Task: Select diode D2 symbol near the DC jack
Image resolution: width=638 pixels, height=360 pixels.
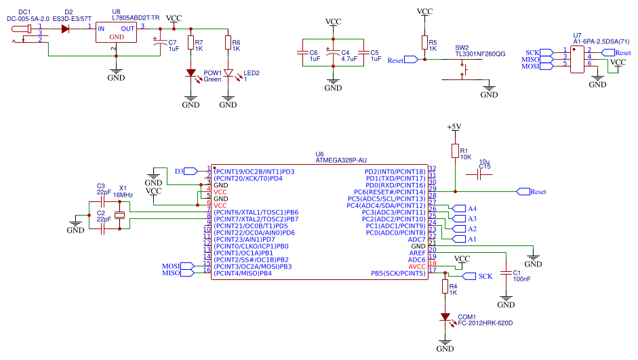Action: [66, 28]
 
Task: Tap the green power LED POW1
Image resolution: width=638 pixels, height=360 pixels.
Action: [191, 73]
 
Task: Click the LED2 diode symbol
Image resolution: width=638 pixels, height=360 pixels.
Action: [228, 73]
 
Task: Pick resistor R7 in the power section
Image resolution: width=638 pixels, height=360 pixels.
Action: [191, 44]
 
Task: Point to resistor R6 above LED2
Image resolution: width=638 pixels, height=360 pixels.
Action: [228, 44]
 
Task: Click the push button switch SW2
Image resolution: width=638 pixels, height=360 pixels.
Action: [465, 70]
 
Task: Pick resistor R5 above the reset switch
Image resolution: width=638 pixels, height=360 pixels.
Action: [424, 44]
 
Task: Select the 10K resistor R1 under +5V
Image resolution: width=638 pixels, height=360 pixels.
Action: [454, 152]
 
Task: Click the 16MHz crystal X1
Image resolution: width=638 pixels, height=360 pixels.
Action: [119, 215]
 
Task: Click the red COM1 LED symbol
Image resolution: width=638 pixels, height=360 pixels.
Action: [445, 317]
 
